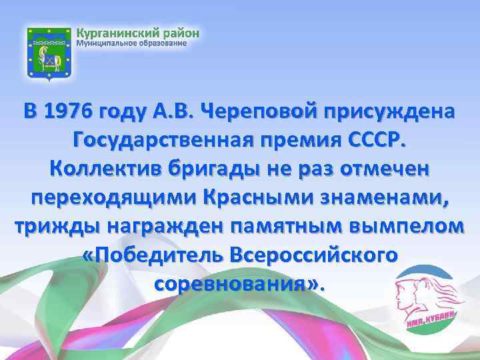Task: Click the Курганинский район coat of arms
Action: pyautogui.click(x=47, y=55)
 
